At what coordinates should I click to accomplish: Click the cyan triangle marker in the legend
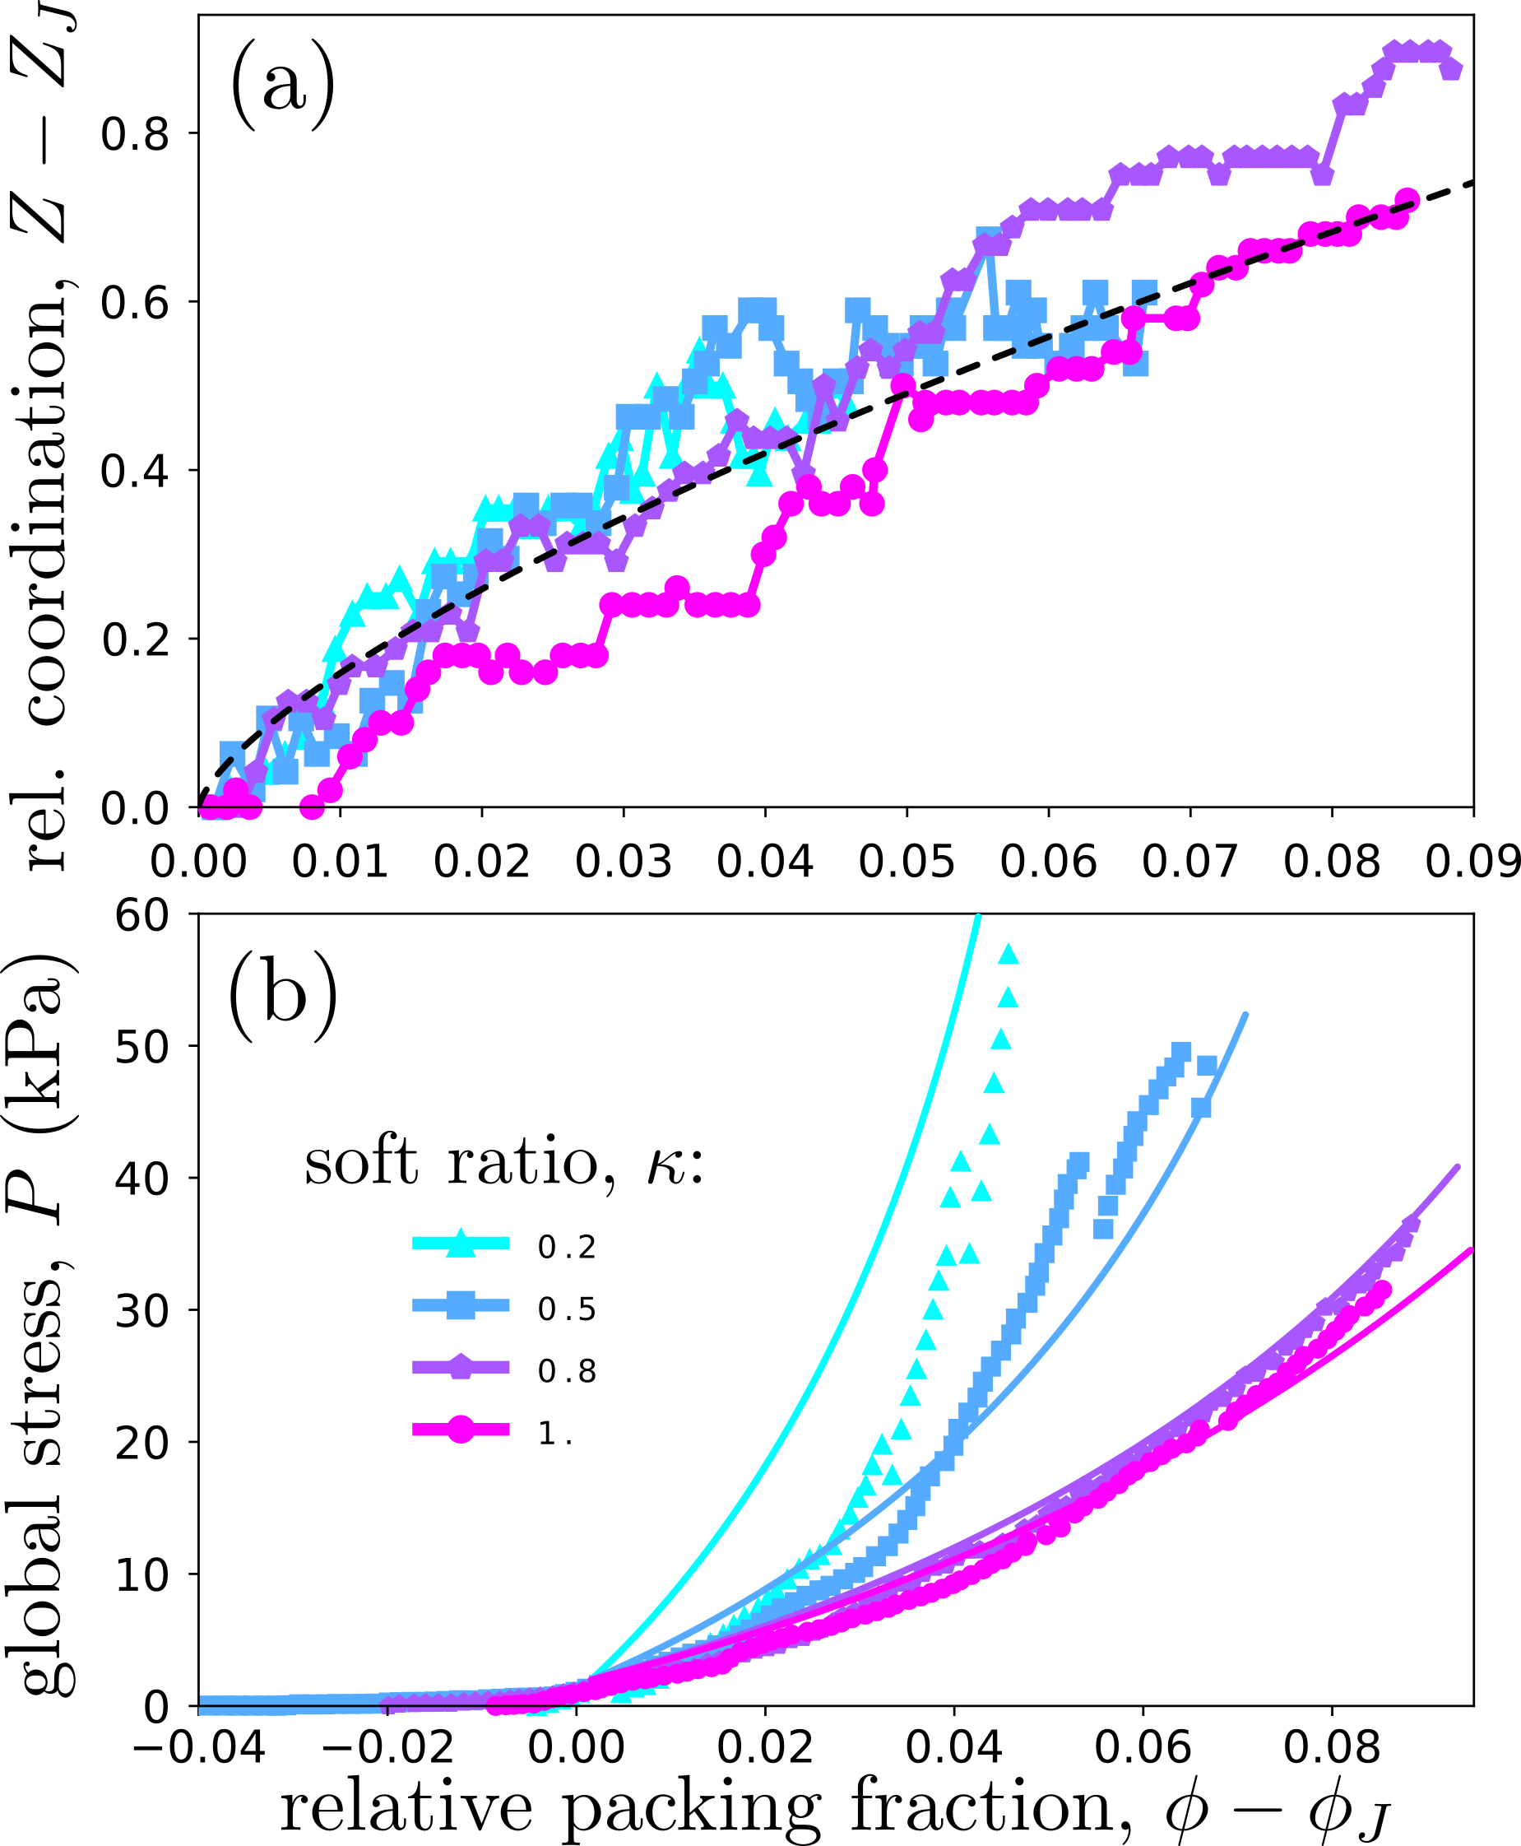[x=461, y=1243]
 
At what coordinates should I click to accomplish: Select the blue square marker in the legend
[x=461, y=1305]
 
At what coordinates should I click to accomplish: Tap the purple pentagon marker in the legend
[x=461, y=1366]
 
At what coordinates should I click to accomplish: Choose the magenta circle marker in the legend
[x=461, y=1429]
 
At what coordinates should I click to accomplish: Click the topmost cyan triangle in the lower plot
[x=1008, y=954]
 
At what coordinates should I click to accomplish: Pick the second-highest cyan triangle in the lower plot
[x=1008, y=997]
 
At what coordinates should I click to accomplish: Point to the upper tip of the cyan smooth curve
[x=978, y=917]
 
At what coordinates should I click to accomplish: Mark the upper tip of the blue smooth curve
[x=1246, y=1014]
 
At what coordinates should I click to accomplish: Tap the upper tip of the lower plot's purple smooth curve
[x=1458, y=1167]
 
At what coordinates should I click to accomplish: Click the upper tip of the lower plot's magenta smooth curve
[x=1471, y=1250]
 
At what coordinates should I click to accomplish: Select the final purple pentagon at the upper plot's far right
[x=1452, y=68]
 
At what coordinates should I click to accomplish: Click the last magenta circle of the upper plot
[x=1408, y=200]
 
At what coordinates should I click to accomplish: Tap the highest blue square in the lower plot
[x=1181, y=1050]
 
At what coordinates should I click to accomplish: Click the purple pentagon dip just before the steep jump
[x=1322, y=175]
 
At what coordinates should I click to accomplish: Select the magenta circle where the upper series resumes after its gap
[x=312, y=807]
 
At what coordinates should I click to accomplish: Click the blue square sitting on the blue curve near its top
[x=1201, y=1108]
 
